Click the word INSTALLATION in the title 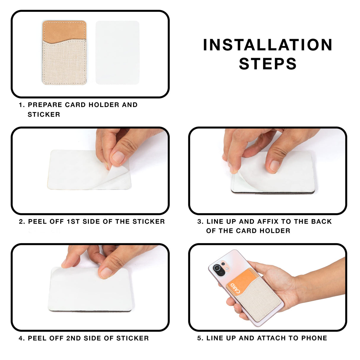pyautogui.click(x=267, y=45)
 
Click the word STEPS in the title pyautogui.click(x=267, y=64)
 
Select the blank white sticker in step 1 pyautogui.click(x=117, y=52)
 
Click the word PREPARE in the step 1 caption pyautogui.click(x=45, y=105)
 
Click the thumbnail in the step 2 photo pyautogui.click(x=118, y=157)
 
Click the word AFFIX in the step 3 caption pyautogui.click(x=268, y=222)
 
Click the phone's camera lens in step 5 pyautogui.click(x=217, y=268)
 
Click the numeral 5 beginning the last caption pyautogui.click(x=199, y=338)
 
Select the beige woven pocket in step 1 pyautogui.click(x=64, y=64)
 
